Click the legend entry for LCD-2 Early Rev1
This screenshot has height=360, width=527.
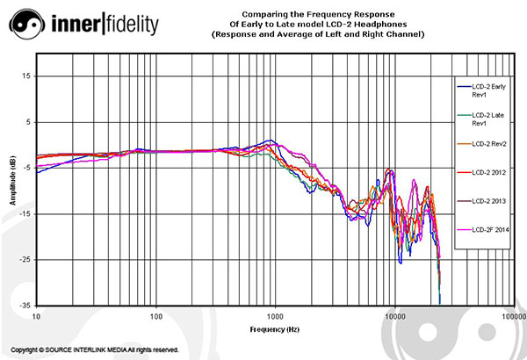[481, 90]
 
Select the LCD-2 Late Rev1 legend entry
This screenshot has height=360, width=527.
[480, 119]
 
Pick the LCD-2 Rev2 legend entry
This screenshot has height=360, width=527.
[481, 144]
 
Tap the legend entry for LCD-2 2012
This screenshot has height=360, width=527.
[481, 172]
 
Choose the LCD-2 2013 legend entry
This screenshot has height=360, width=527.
[481, 201]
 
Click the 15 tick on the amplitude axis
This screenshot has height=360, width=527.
[26, 76]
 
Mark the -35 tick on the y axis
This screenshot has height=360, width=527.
[25, 306]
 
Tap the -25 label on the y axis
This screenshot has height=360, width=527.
[25, 260]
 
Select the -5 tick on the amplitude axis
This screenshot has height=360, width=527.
[26, 168]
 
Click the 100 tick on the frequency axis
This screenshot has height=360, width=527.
[156, 317]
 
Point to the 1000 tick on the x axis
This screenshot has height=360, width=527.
[275, 317]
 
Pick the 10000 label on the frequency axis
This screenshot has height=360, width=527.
[395, 317]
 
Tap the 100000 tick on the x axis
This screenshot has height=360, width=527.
[516, 317]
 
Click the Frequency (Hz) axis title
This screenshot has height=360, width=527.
[275, 329]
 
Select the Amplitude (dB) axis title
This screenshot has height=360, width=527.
[13, 181]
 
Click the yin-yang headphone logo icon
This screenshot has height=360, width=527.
[27, 25]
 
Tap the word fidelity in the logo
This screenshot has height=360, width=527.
[133, 24]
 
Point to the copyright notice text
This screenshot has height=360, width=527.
[95, 350]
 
